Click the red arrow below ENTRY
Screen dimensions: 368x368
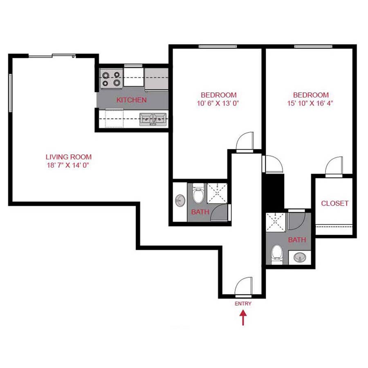click(243, 318)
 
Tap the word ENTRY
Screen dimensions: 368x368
click(243, 304)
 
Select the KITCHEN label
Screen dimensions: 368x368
click(131, 100)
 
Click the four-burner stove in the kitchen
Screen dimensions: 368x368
click(112, 79)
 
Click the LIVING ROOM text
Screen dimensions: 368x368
click(68, 157)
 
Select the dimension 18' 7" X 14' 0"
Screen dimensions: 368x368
click(68, 166)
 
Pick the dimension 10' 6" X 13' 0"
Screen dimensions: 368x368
click(217, 103)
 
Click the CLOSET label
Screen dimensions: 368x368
click(334, 203)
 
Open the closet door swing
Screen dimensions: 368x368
click(333, 167)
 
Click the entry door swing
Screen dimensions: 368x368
click(244, 286)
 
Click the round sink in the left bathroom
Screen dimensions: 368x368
click(180, 200)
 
